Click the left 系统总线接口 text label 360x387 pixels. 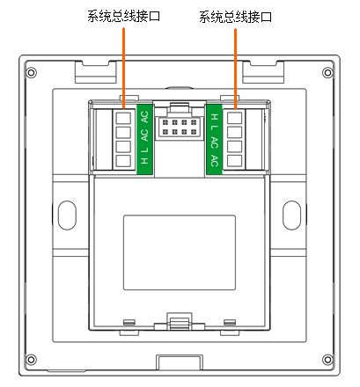[123, 17]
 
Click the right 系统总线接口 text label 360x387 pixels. [235, 17]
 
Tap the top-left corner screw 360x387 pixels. [32, 72]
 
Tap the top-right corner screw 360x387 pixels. [327, 72]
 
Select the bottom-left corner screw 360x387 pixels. [32, 360]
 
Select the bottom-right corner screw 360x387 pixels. [327, 360]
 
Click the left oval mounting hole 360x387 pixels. [67, 215]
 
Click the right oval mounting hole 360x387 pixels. [291, 215]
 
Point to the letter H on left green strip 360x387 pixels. [144, 161]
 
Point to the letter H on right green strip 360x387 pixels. [215, 117]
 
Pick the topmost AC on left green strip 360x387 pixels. [144, 117]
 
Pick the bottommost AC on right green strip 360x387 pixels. [215, 161]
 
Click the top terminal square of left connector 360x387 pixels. [123, 118]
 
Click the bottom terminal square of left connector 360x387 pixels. [123, 161]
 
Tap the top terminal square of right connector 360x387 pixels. [235, 118]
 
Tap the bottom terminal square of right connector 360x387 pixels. [235, 161]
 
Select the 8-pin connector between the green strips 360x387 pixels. [180, 127]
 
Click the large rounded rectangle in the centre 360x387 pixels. [180, 252]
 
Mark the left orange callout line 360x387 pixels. [124, 69]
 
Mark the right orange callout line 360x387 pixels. [235, 69]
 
